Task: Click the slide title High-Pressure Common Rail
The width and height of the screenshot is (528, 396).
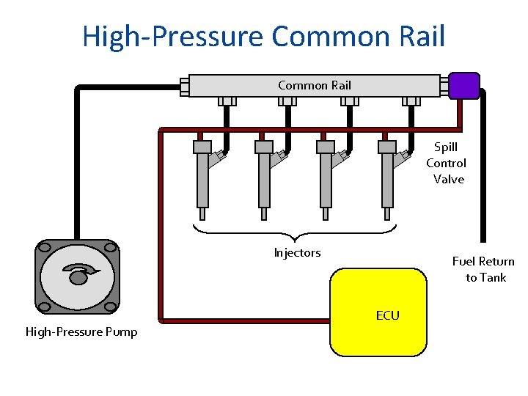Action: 263,35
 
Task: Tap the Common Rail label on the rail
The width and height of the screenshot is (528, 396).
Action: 314,85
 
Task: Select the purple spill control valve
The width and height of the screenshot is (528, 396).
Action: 463,85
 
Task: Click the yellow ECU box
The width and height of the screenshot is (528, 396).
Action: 378,312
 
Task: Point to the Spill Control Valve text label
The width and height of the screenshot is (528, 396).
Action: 447,164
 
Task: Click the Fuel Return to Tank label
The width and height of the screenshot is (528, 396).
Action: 483,269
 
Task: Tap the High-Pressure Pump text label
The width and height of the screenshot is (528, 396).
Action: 81,332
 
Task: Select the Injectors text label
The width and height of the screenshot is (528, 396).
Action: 297,253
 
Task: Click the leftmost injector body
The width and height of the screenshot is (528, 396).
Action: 202,180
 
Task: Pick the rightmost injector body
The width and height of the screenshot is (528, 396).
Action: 387,180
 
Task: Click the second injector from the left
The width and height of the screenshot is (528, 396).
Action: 264,180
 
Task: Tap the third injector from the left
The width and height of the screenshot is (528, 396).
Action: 326,180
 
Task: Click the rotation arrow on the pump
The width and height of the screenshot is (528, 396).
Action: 79,274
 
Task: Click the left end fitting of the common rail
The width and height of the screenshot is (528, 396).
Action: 185,87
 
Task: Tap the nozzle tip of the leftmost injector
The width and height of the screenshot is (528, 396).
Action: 202,214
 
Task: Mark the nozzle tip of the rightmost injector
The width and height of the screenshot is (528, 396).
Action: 387,214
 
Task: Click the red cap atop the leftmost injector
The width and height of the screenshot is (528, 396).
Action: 202,147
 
